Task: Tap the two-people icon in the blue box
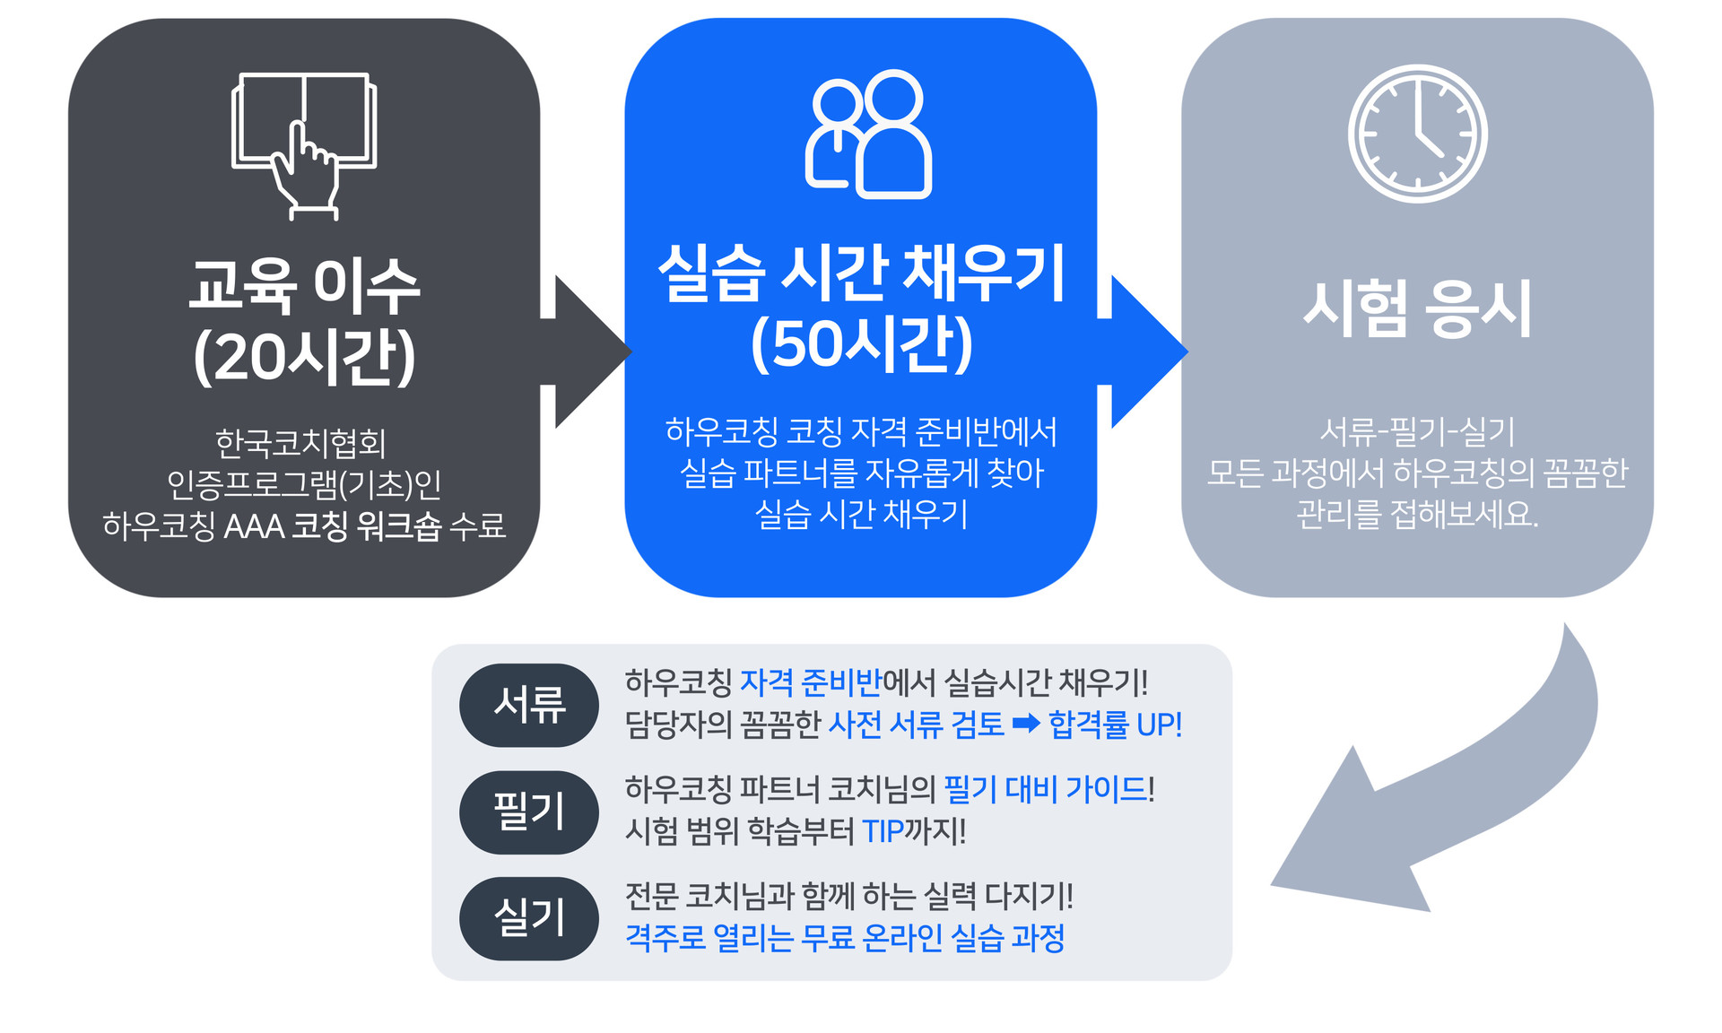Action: (868, 134)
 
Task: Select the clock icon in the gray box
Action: (1417, 134)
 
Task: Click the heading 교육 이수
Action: (304, 286)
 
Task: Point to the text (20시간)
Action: (304, 357)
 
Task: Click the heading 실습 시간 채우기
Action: (861, 273)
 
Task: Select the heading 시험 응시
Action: (1417, 308)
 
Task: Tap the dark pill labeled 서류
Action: (529, 705)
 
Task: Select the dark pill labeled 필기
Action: (529, 812)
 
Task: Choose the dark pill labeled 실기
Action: (529, 918)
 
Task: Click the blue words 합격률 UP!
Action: (1115, 725)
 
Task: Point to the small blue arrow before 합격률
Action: (1026, 724)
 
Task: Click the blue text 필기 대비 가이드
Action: (1046, 789)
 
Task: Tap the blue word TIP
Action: (883, 832)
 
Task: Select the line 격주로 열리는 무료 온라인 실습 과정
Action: (845, 938)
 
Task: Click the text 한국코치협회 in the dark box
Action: (300, 443)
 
